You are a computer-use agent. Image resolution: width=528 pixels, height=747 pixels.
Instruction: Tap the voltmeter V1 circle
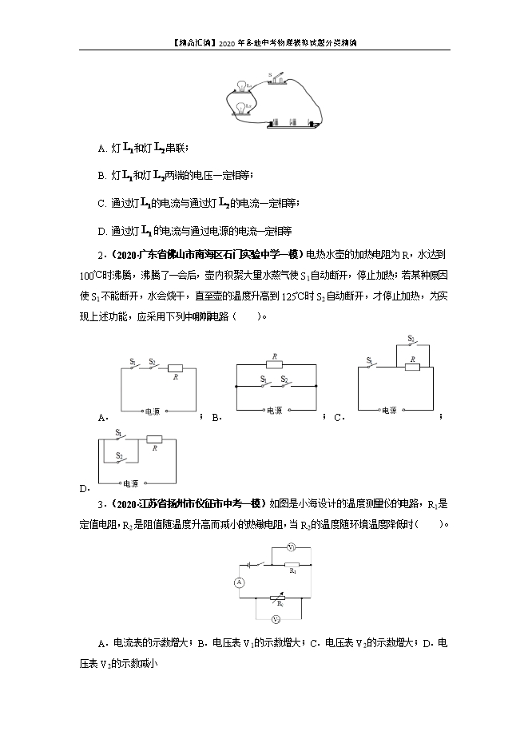[x=292, y=548]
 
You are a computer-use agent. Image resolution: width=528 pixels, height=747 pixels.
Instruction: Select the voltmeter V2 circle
[x=276, y=619]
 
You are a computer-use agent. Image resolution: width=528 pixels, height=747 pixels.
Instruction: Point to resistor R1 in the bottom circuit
[x=293, y=564]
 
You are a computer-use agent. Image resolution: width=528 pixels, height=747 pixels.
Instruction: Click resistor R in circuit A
[x=175, y=368]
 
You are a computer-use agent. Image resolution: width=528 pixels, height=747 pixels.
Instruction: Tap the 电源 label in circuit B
[x=274, y=411]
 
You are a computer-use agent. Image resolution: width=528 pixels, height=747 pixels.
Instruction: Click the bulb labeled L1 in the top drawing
[x=242, y=85]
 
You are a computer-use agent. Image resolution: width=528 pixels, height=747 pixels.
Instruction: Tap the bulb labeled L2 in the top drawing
[x=242, y=107]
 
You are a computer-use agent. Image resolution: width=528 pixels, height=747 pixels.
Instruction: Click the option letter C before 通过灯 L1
[x=101, y=204]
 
